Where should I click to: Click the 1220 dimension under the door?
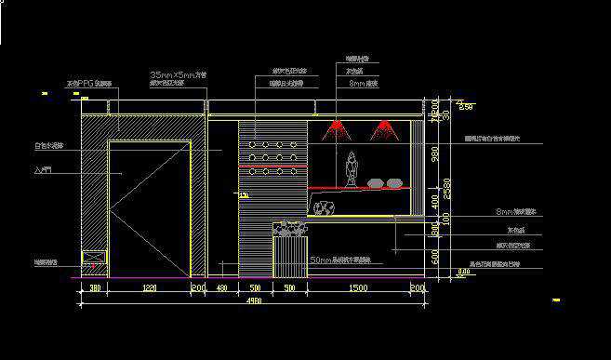[x=149, y=289]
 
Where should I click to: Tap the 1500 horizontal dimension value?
[x=357, y=289]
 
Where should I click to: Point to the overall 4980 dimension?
[x=253, y=300]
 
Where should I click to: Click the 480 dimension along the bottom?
[x=221, y=289]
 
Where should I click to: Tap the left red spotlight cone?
[x=337, y=130]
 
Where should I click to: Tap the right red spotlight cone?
[x=385, y=130]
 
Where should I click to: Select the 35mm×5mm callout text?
[x=178, y=73]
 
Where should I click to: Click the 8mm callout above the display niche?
[x=363, y=83]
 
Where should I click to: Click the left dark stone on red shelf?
[x=376, y=183]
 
